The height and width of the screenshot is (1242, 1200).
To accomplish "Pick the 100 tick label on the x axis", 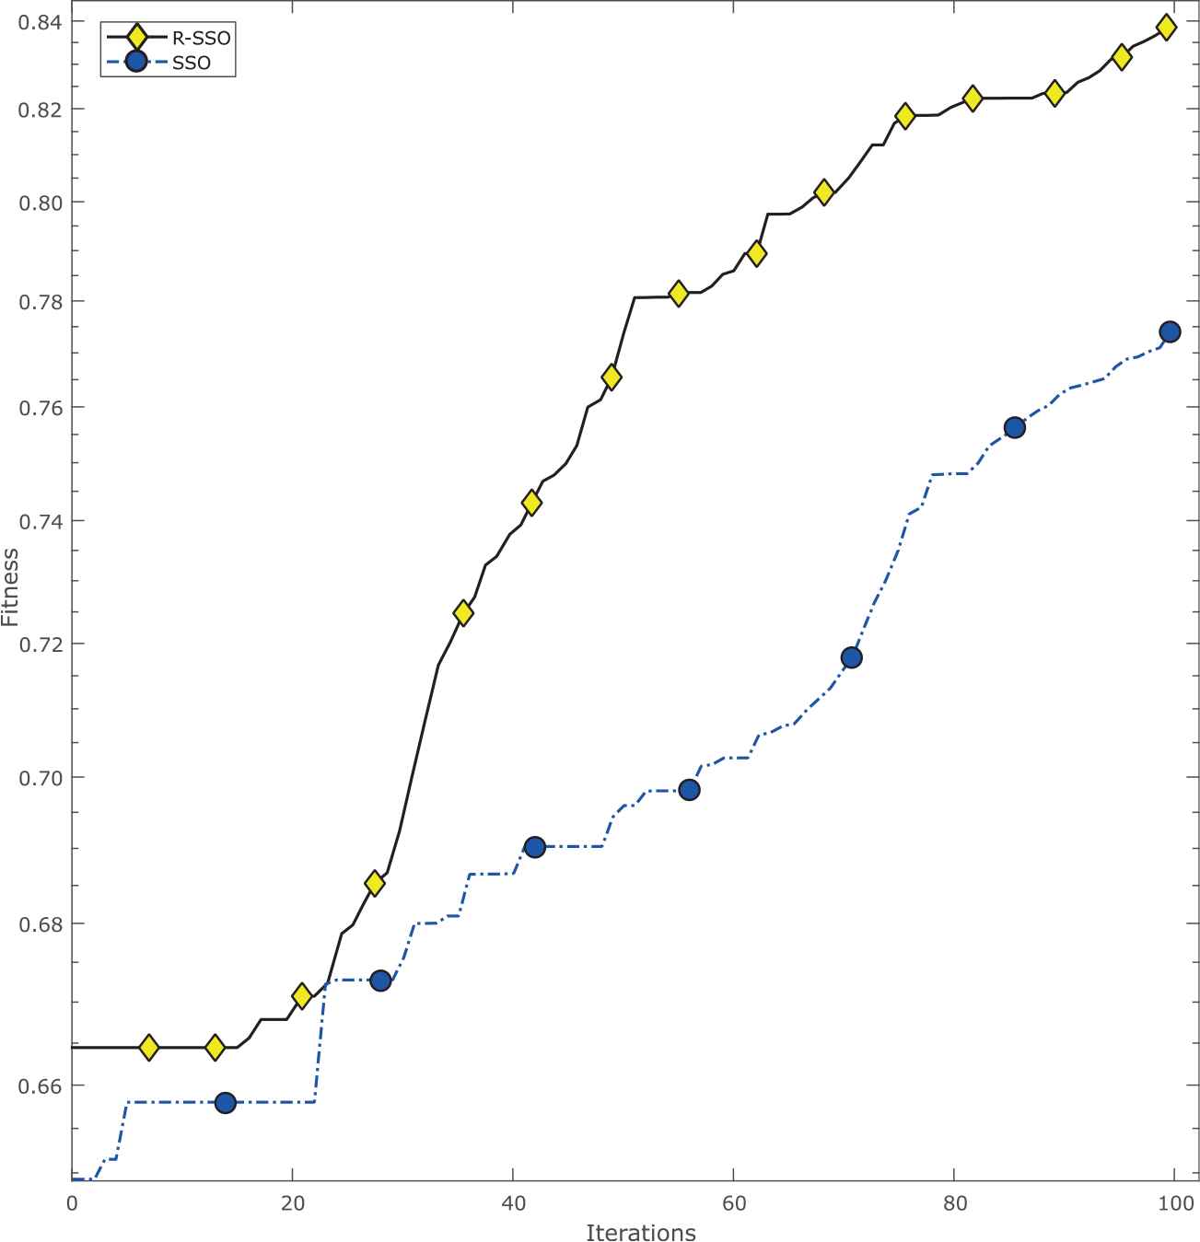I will point(1174,1202).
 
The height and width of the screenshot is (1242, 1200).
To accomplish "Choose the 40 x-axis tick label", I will point(512,1202).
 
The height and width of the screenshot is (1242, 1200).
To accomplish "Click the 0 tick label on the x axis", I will point(72,1202).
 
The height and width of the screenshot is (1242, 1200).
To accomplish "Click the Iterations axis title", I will point(640,1232).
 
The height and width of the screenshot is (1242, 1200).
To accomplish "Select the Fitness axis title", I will point(11,587).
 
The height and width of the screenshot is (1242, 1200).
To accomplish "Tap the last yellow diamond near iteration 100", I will point(1166,27).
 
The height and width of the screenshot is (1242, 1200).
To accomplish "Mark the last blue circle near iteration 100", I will point(1170,331).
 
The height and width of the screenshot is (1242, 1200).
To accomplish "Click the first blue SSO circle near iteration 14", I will point(225,1102).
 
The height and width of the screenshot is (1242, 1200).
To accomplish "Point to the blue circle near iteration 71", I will point(851,657).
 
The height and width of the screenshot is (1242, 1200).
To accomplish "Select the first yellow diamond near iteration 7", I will point(148,1047).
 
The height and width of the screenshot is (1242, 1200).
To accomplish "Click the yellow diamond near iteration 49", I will point(611,377).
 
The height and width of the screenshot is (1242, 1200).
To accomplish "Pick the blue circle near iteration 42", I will point(534,847).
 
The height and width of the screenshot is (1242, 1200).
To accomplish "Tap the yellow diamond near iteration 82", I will point(972,98).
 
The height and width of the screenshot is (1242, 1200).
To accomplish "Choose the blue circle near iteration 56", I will point(689,790).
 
